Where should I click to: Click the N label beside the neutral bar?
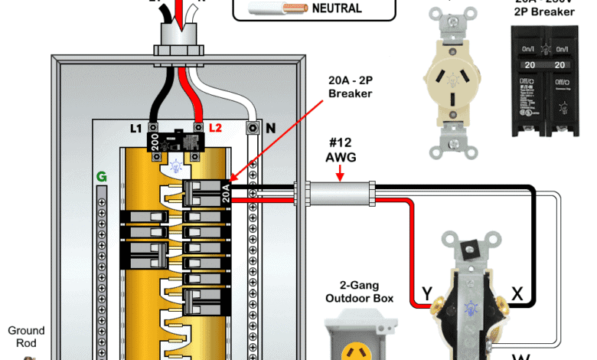pos(270,128)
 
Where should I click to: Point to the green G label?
pos(101,177)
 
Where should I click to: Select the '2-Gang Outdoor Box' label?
pos(359,291)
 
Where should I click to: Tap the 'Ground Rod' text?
pos(26,337)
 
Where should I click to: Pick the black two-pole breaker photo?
pos(548,80)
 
